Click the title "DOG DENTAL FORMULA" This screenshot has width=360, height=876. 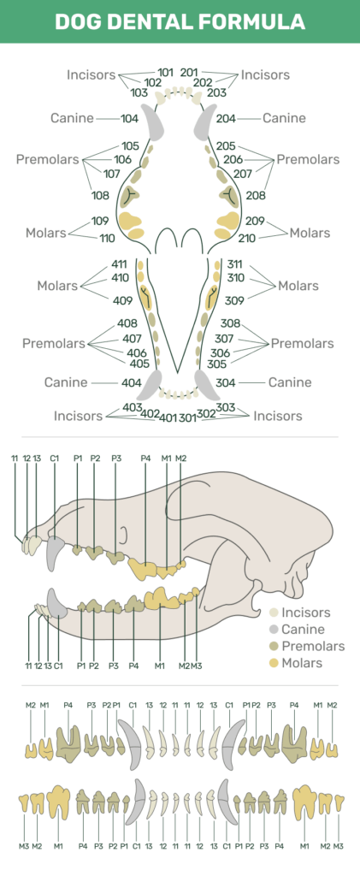pyautogui.click(x=180, y=21)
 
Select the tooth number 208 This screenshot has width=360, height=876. pyautogui.click(x=257, y=195)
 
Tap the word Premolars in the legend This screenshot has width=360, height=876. pyautogui.click(x=313, y=646)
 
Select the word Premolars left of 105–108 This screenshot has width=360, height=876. pyautogui.click(x=47, y=159)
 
